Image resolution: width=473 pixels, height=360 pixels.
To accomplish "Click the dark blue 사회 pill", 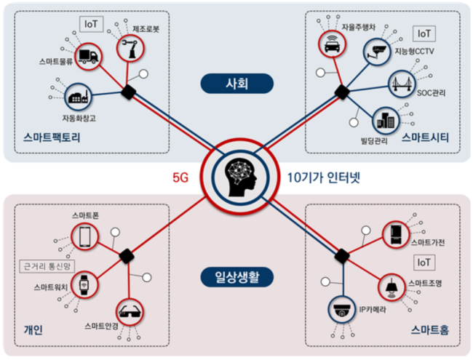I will pos(237,84).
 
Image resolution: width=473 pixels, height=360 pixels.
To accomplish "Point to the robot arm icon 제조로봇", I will pos(132,49).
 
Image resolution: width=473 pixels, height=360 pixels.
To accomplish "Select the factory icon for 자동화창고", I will pos(76,97).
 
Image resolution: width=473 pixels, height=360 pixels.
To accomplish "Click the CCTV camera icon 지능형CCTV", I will pos(378,51).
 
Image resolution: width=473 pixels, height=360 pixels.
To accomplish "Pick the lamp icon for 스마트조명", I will pos(390,287).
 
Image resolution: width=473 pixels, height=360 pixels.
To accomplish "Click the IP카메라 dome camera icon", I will pos(340,309).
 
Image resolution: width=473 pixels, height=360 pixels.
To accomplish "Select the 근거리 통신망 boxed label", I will pos(49,266).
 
